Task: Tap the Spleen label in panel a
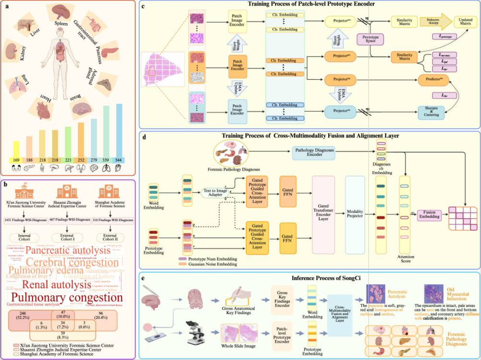[61, 23]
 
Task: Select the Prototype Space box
[369, 40]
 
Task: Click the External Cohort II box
[109, 238]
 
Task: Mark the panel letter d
[144, 136]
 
